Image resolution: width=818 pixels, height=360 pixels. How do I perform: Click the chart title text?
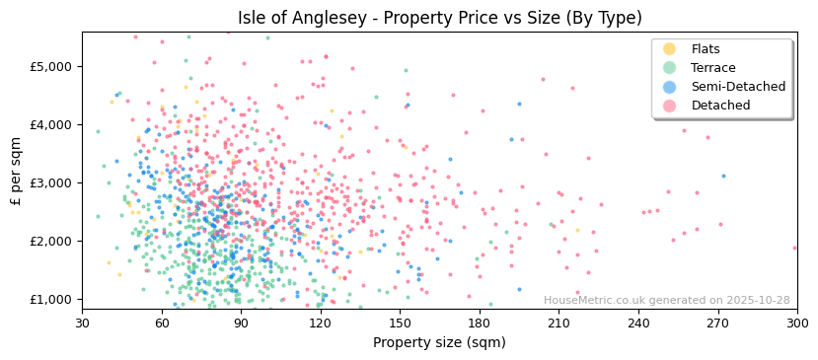[x=439, y=18]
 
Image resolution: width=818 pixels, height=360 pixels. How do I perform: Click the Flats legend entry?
[x=706, y=49]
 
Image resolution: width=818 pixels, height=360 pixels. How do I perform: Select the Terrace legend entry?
[x=712, y=68]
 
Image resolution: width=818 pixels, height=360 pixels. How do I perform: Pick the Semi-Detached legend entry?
[x=738, y=87]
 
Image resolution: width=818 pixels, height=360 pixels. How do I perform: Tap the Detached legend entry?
[x=719, y=106]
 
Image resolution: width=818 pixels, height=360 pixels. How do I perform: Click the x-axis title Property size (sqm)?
[x=439, y=342]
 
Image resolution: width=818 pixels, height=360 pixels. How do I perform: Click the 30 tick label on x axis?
[x=82, y=323]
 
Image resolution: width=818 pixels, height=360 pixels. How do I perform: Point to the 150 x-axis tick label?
[x=400, y=323]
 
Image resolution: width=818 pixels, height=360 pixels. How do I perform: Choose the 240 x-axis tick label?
[x=638, y=323]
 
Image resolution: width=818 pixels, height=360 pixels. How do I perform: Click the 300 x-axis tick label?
[x=797, y=323]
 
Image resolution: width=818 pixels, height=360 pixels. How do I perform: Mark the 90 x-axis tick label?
[x=241, y=323]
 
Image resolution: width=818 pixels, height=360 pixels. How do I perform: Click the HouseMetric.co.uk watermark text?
[x=666, y=301]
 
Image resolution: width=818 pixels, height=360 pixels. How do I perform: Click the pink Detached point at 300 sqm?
[x=795, y=248]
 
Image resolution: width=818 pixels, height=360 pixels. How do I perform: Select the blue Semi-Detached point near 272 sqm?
[x=723, y=177]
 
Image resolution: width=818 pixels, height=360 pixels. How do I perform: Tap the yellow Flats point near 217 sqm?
[x=578, y=231]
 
